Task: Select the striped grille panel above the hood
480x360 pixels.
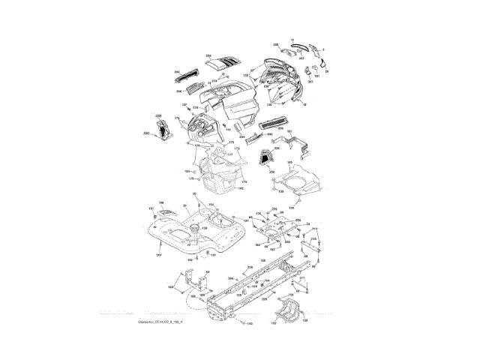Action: point(219,62)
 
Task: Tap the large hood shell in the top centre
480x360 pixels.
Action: point(232,97)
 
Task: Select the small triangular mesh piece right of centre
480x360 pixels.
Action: point(265,157)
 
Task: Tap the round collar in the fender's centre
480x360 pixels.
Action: point(196,229)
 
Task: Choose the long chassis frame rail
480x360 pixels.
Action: point(255,289)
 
